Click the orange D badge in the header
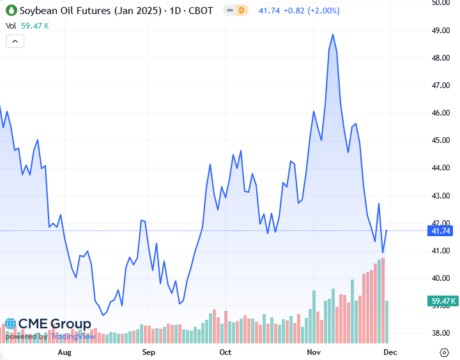click(x=241, y=11)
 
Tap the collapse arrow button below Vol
click(x=15, y=41)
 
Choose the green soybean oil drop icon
click(x=10, y=11)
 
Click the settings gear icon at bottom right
click(x=445, y=352)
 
